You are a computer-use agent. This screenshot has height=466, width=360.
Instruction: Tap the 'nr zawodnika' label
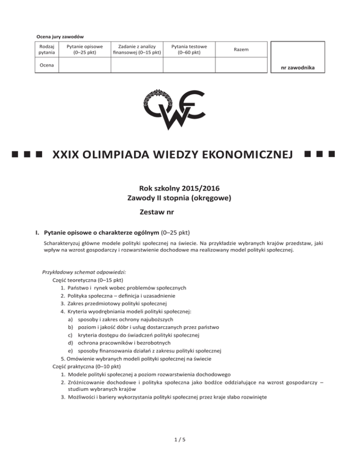click(295, 68)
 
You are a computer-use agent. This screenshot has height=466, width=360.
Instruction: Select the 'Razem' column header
click(242, 50)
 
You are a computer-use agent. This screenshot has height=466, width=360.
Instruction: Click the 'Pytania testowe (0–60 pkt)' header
click(189, 49)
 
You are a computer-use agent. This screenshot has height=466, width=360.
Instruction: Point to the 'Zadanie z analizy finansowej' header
click(136, 49)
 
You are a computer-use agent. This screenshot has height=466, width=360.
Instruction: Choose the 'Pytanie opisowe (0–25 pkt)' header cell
click(84, 49)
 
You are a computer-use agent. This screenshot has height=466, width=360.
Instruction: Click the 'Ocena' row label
click(45, 65)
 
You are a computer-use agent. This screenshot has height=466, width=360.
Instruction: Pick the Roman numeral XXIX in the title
click(66, 154)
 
